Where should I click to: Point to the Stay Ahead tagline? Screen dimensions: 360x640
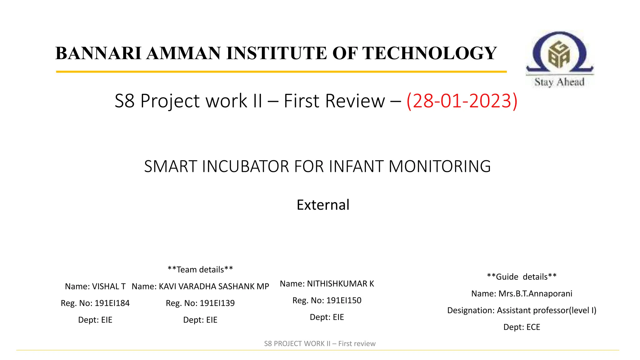point(559,82)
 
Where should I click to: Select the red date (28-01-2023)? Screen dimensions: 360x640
point(462,101)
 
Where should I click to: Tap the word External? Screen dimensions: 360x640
point(323,205)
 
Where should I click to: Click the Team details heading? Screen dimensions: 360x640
point(200,269)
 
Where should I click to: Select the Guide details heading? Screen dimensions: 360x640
point(522,277)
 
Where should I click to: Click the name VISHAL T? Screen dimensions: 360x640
point(109,286)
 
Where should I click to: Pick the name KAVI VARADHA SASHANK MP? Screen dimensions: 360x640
point(214,286)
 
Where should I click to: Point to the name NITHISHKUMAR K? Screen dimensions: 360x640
point(340,283)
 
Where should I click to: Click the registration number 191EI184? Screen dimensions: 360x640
point(112,303)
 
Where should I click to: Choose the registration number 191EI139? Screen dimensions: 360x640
point(217,303)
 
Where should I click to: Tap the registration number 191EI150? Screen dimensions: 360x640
point(344,300)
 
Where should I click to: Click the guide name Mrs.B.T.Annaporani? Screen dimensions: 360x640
point(535,293)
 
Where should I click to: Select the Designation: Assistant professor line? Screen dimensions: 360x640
point(522,310)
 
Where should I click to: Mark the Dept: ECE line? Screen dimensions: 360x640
point(522,327)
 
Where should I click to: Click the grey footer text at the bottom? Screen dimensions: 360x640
point(320,343)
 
